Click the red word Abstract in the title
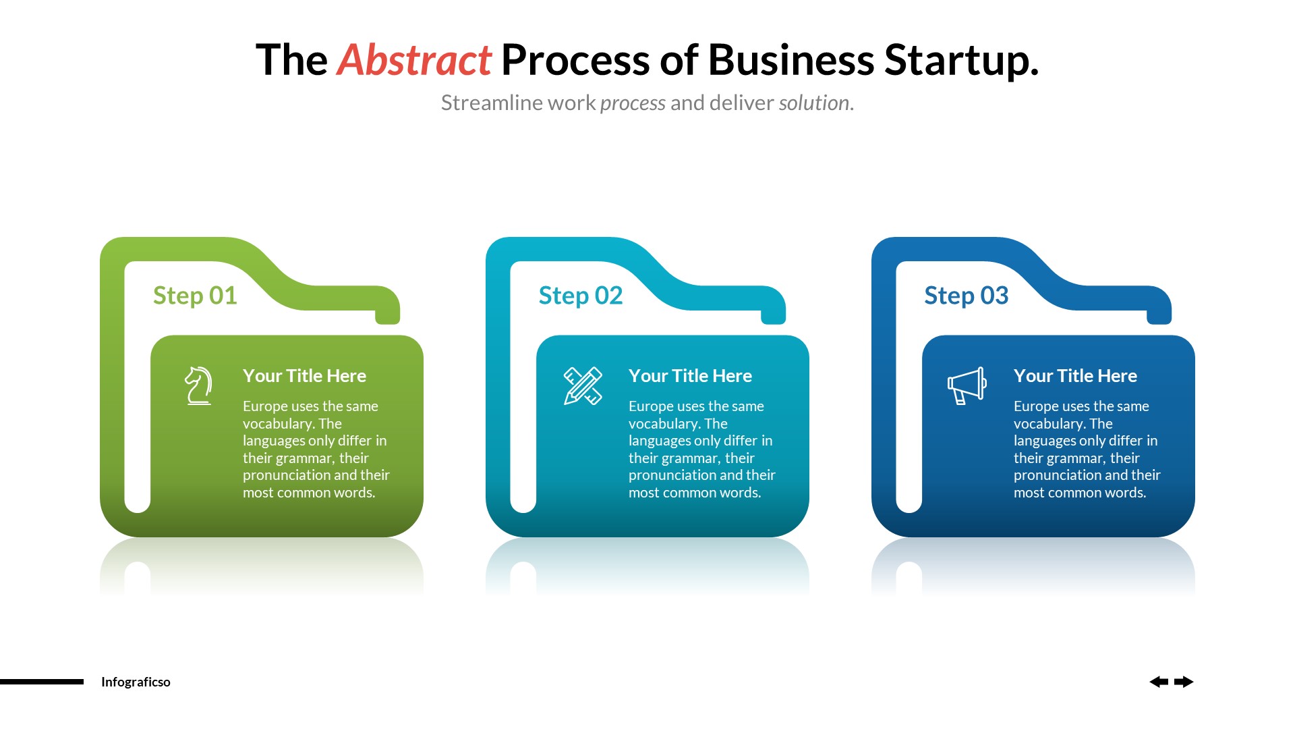[414, 60]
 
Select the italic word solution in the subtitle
[815, 103]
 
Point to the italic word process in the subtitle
[633, 103]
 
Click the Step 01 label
[195, 296]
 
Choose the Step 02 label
[580, 296]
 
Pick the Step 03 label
[966, 296]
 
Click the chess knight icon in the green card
[198, 385]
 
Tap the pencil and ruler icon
[583, 385]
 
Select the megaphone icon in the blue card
[967, 385]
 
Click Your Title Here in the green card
[304, 376]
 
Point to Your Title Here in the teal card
[690, 376]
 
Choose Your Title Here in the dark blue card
[1075, 376]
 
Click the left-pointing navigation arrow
[1159, 682]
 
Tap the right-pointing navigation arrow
[1184, 682]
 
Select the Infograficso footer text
[136, 682]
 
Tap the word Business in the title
[790, 60]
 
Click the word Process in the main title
[575, 60]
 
